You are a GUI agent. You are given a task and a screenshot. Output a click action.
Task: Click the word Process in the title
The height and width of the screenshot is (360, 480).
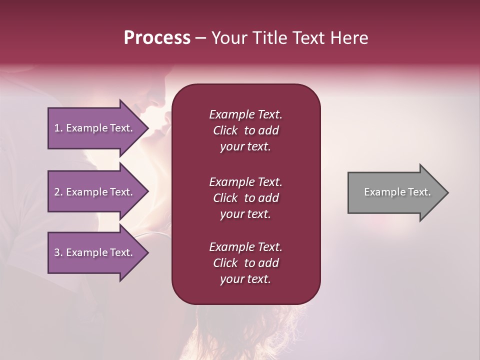157,38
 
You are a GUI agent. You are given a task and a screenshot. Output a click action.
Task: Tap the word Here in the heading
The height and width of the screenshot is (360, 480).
349,38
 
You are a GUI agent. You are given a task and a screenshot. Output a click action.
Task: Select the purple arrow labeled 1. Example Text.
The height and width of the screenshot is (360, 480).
95,128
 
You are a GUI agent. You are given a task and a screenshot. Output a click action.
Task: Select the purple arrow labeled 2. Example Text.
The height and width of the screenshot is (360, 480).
95,192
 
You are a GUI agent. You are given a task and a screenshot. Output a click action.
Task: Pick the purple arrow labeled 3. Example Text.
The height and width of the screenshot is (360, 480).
95,252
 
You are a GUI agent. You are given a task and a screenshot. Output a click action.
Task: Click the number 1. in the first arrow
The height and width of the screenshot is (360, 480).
58,128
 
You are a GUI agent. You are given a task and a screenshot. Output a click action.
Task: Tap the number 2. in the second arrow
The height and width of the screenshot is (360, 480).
58,192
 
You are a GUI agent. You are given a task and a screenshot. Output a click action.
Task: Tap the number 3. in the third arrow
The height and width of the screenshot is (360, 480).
58,252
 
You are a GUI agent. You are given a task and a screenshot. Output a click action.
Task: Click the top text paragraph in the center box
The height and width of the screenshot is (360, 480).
245,130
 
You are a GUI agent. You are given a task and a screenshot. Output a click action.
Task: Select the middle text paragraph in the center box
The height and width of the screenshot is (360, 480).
245,198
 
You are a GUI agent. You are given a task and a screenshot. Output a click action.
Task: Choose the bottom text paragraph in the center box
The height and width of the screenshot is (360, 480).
245,263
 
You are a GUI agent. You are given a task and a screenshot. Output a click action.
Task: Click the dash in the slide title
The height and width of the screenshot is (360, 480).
201,38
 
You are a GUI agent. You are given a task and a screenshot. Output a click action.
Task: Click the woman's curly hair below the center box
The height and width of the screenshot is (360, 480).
250,330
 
